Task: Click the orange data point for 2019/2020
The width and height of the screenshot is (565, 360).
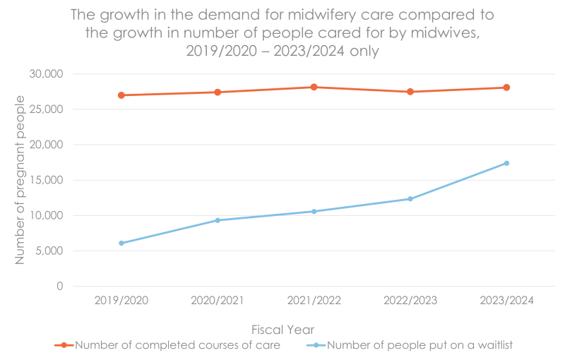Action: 121,95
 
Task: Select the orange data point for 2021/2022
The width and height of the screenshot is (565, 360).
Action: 314,87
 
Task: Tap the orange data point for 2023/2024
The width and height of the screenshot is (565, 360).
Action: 506,88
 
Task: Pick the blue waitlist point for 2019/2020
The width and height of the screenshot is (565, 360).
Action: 121,243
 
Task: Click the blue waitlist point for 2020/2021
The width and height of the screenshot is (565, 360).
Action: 218,220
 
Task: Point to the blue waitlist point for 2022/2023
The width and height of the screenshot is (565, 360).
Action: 410,198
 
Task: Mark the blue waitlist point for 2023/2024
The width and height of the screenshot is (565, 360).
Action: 506,163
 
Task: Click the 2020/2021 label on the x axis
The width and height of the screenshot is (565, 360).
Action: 218,300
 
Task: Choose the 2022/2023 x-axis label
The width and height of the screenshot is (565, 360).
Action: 410,300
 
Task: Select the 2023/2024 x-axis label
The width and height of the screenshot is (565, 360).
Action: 506,300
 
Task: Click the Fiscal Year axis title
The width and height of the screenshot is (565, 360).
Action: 282,329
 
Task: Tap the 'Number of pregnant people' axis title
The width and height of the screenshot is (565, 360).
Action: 20,180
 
